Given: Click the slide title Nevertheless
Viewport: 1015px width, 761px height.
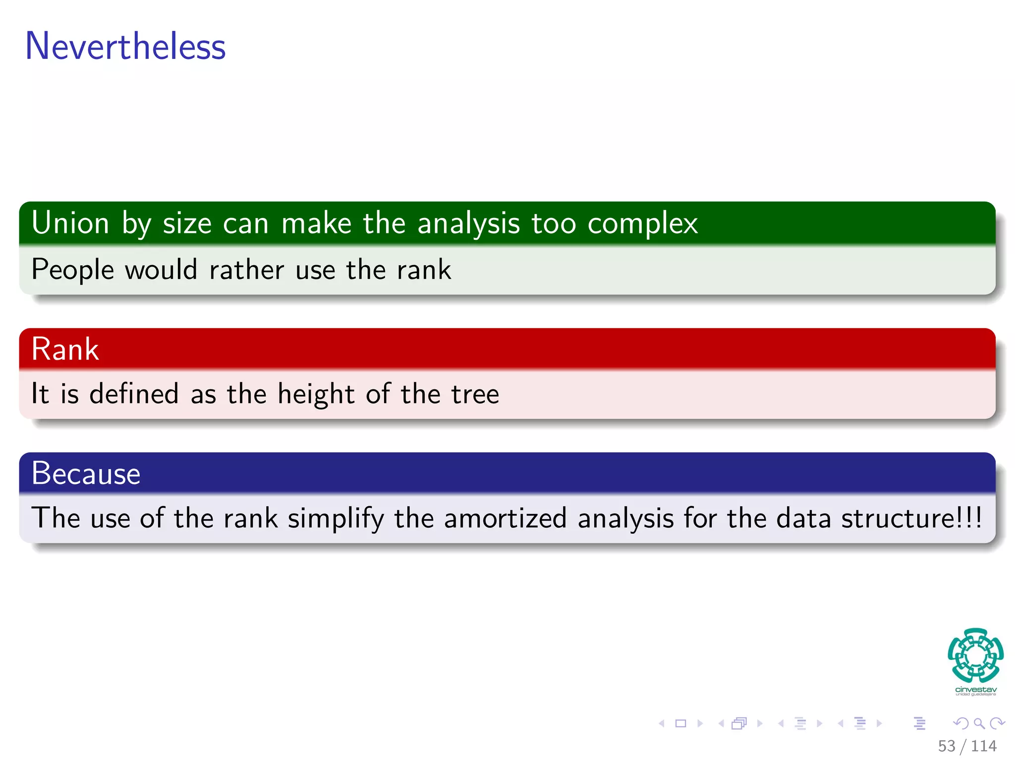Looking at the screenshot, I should click(x=125, y=46).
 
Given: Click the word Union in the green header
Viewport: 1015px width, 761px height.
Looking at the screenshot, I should click(x=70, y=223).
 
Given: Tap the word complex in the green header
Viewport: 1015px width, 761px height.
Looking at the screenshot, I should click(x=642, y=224).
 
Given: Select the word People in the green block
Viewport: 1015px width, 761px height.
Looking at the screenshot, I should click(x=73, y=271).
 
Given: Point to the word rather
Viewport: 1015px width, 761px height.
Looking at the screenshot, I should click(x=247, y=270).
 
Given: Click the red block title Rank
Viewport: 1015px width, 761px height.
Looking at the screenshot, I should click(x=65, y=349).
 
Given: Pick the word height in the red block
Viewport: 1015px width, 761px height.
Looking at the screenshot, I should click(x=316, y=395).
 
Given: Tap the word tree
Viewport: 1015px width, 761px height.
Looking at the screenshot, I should click(x=475, y=395).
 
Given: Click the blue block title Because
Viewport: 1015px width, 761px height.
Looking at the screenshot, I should click(x=86, y=473).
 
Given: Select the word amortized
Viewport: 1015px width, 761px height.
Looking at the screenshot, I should click(x=505, y=519).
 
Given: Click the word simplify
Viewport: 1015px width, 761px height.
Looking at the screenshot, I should click(x=336, y=519).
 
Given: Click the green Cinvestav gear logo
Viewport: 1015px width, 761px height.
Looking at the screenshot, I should click(x=975, y=655).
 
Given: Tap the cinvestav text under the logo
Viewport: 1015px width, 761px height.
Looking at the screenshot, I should click(x=975, y=690).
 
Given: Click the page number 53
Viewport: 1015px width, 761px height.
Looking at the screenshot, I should click(x=946, y=746).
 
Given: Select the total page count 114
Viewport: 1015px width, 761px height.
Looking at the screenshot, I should click(x=983, y=746).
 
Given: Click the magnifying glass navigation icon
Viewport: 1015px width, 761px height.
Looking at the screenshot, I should click(x=979, y=723).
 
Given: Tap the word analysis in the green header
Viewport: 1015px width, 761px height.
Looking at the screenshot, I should click(x=468, y=224).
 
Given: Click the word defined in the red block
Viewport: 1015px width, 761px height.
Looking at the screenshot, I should click(x=134, y=394).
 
